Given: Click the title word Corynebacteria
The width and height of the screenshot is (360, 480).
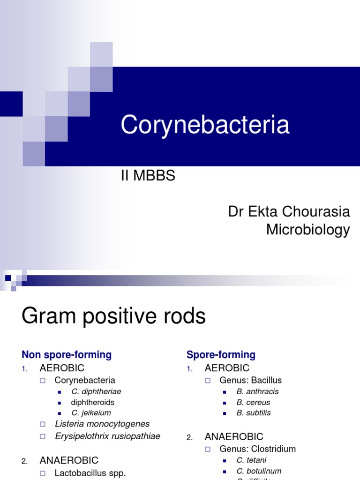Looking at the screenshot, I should pyautogui.click(x=205, y=126).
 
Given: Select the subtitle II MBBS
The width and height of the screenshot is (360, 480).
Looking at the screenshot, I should pyautogui.click(x=148, y=176).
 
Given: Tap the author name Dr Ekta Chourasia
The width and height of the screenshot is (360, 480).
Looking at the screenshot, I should pyautogui.click(x=289, y=211).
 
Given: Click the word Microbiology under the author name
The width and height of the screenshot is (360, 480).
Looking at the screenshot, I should pyautogui.click(x=308, y=230).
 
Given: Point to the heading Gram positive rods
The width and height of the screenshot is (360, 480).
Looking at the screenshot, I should pyautogui.click(x=113, y=316).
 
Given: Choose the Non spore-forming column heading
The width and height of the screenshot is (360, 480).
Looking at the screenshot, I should pyautogui.click(x=67, y=355).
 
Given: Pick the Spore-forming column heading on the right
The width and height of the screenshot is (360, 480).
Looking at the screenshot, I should pyautogui.click(x=221, y=355).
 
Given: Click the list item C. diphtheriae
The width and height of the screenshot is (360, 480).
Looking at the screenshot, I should pyautogui.click(x=97, y=391).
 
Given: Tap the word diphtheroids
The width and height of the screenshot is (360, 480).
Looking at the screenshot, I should pyautogui.click(x=93, y=402).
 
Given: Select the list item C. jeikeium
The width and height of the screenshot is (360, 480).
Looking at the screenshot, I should pyautogui.click(x=91, y=413).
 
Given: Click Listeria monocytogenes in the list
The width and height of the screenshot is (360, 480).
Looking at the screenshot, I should pyautogui.click(x=102, y=424).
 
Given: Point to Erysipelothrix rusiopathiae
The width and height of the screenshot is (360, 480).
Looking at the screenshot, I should pyautogui.click(x=107, y=436).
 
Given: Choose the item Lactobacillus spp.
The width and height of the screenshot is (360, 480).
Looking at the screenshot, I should pyautogui.click(x=90, y=473).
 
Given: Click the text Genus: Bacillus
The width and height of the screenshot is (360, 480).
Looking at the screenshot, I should pyautogui.click(x=250, y=380).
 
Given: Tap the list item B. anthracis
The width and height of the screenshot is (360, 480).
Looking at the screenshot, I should pyautogui.click(x=257, y=391).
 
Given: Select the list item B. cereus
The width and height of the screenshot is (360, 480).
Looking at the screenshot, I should pyautogui.click(x=253, y=402).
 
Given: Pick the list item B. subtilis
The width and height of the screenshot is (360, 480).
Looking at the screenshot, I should pyautogui.click(x=254, y=413).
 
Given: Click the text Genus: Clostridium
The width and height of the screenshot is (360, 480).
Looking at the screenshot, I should pyautogui.click(x=257, y=449).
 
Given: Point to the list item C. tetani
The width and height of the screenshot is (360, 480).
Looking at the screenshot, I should pyautogui.click(x=251, y=460).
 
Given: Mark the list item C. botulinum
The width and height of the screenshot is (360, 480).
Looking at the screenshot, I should pyautogui.click(x=259, y=471).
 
